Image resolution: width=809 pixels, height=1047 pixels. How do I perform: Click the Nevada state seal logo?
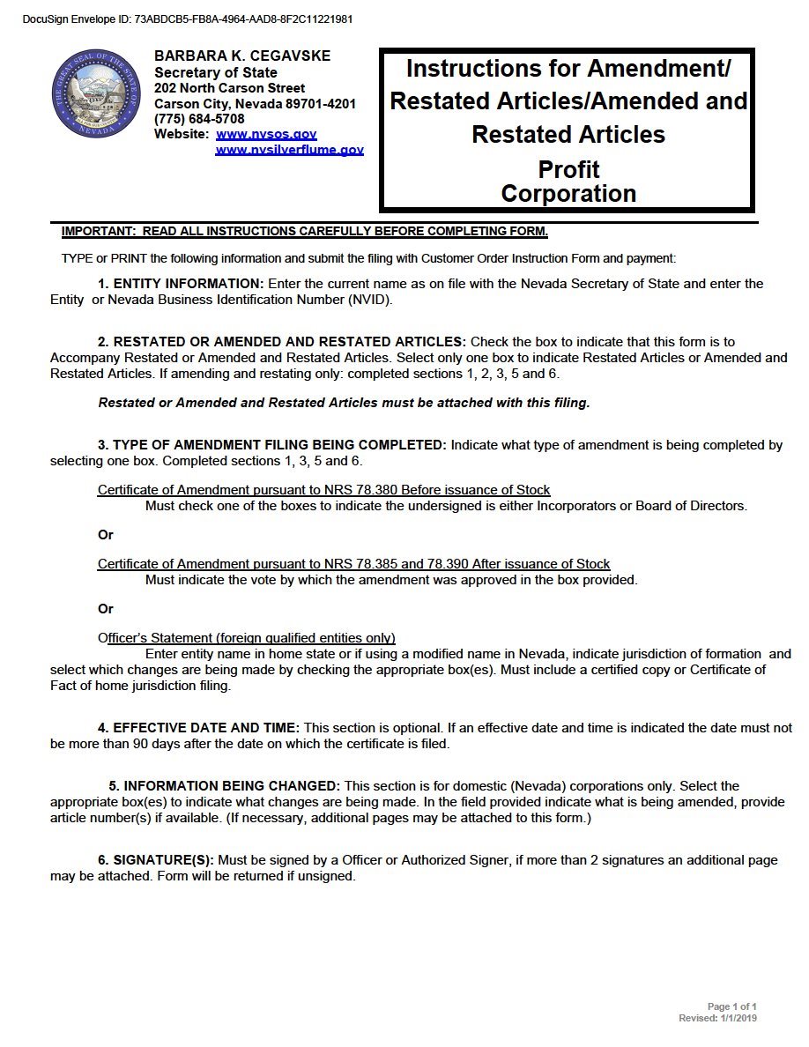96,94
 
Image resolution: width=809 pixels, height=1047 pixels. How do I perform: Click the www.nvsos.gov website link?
266,135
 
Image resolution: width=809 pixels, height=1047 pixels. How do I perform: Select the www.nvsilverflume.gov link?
289,151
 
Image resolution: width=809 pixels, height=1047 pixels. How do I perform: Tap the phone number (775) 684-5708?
199,119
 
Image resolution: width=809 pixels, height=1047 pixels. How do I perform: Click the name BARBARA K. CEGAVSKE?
242,56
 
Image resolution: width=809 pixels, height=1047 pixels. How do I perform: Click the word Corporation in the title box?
568,194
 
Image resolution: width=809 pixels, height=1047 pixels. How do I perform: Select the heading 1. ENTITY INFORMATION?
181,284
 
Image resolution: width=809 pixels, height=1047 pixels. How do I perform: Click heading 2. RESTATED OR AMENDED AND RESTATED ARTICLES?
282,342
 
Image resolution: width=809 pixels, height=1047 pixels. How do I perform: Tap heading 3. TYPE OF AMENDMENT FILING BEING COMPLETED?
272,445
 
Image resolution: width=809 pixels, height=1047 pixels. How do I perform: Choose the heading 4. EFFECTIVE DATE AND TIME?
198,728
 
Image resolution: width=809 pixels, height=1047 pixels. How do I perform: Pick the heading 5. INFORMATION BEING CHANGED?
225,786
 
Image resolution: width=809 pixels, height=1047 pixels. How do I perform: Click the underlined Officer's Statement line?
247,638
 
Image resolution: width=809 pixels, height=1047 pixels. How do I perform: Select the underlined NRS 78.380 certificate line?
324,490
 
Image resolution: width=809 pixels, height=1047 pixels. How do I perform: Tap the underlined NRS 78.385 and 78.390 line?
354,564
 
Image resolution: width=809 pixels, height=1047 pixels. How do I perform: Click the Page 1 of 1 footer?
731,1006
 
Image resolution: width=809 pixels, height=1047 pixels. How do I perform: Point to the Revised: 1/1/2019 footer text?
717,1018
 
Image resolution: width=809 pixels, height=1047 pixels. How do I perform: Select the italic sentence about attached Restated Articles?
344,403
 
